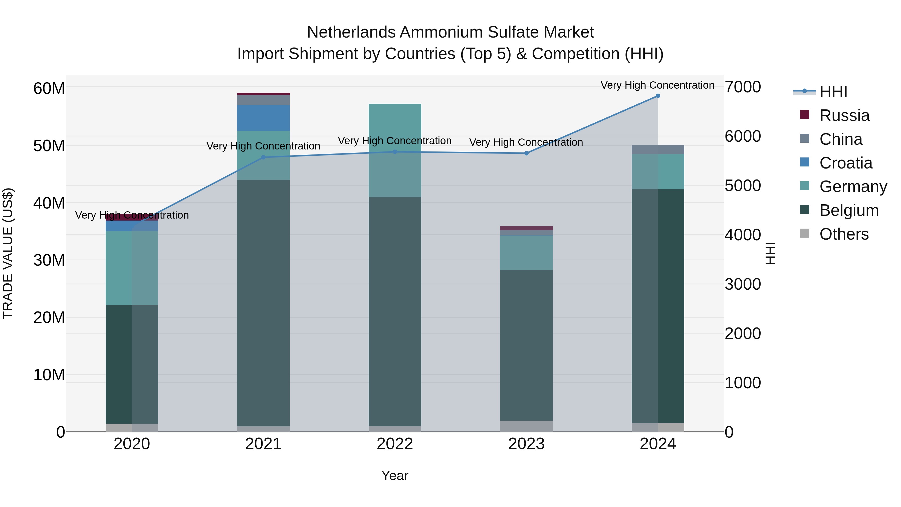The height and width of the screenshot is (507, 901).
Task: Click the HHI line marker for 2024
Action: (657, 96)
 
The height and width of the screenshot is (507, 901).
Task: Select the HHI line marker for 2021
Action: (263, 157)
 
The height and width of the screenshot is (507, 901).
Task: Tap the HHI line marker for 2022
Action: (395, 152)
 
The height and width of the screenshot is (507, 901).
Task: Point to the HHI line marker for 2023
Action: (526, 153)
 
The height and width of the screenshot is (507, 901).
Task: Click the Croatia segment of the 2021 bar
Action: (263, 118)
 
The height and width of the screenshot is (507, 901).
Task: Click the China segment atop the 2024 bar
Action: (657, 149)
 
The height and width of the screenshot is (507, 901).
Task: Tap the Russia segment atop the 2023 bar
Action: (526, 228)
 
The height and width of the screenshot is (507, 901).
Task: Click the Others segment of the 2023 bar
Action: (526, 426)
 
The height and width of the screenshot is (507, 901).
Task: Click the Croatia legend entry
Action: (846, 163)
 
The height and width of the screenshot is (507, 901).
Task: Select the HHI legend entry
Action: (833, 92)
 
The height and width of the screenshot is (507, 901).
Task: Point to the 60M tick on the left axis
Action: (49, 88)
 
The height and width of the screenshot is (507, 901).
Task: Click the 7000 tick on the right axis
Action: (742, 87)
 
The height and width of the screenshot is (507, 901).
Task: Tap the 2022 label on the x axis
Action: (395, 444)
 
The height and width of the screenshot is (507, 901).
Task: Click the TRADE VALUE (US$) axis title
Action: (8, 253)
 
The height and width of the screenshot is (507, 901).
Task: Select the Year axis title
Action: (395, 475)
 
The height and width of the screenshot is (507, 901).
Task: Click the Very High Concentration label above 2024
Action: (657, 85)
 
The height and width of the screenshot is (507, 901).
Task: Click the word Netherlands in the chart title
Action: (352, 32)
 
